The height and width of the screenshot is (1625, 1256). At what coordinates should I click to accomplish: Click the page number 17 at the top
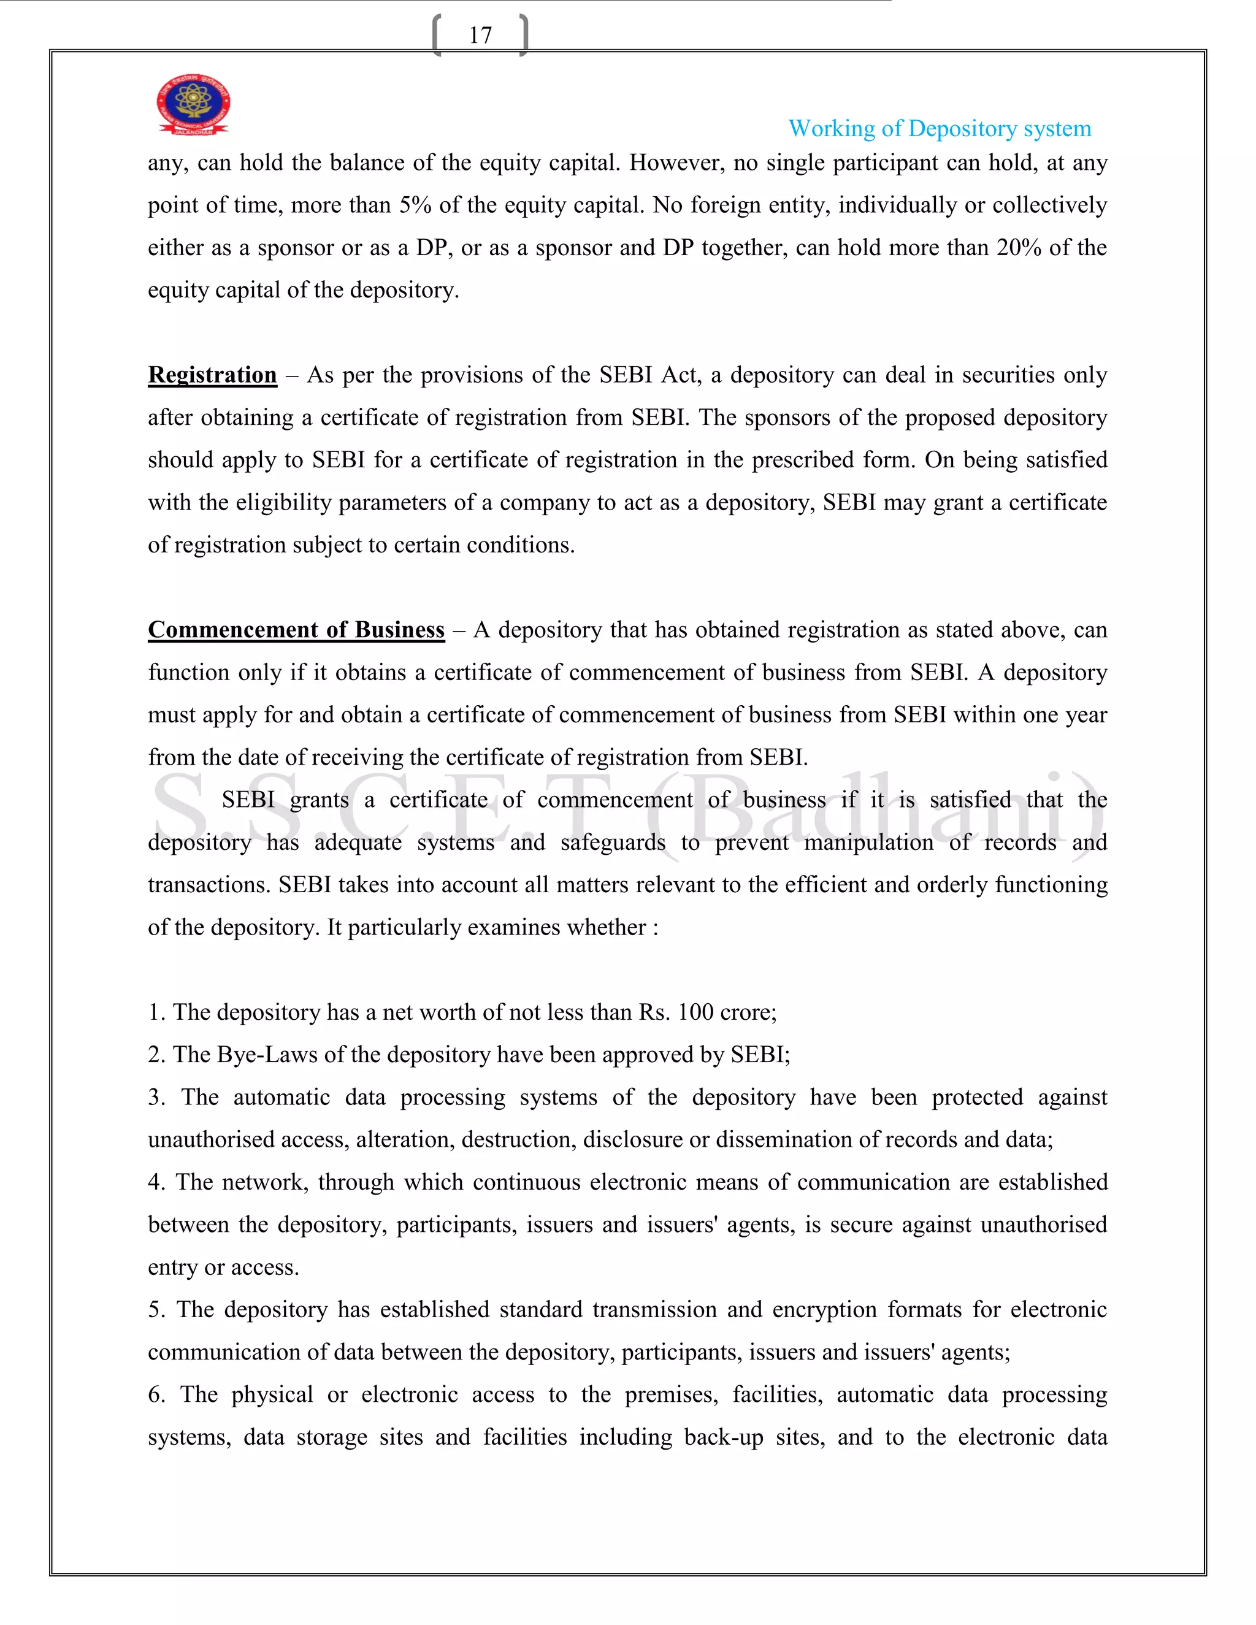coord(480,35)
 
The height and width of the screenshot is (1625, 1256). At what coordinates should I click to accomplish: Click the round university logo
coord(193,104)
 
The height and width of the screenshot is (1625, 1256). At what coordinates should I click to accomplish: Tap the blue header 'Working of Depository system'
coord(939,129)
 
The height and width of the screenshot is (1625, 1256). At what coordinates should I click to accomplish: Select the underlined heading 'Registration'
coord(212,375)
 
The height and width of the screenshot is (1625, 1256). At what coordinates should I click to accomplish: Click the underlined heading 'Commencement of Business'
coord(296,630)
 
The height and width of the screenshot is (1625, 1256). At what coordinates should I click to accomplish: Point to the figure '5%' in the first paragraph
coord(415,205)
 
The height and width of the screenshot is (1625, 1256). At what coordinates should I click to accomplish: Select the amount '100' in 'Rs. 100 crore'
coord(695,1012)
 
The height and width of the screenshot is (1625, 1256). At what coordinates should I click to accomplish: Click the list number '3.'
coord(156,1098)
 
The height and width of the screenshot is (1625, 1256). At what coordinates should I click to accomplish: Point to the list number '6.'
coord(156,1394)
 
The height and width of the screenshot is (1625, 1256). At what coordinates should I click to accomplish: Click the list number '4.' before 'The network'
coord(156,1182)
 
